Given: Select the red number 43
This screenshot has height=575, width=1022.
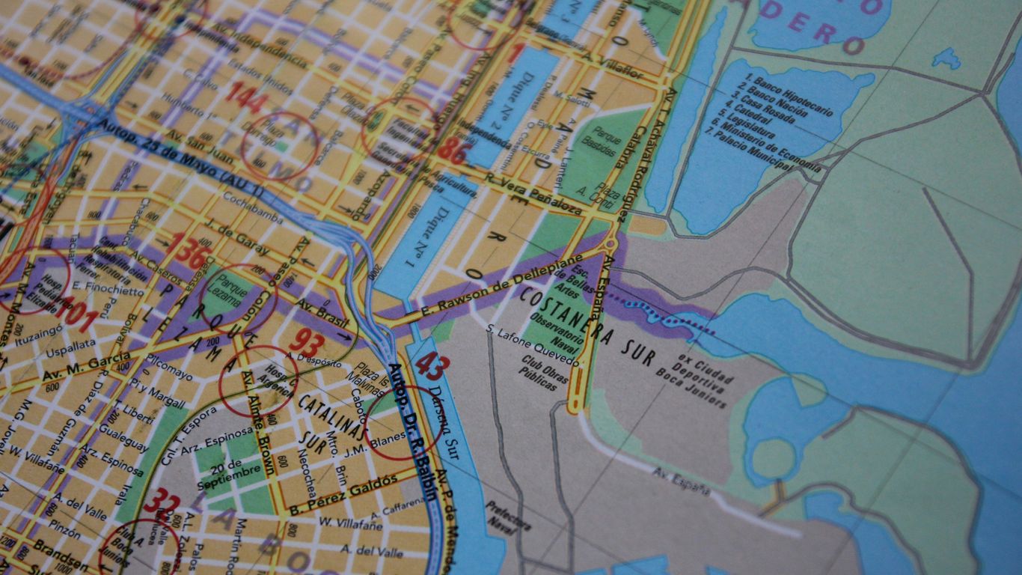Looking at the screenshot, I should coord(432,365).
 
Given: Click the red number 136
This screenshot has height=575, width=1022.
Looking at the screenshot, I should coord(186,252).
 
